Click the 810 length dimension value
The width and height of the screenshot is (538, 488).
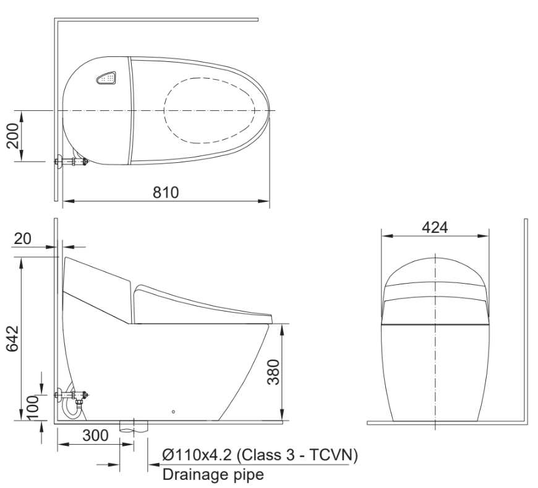click(x=166, y=193)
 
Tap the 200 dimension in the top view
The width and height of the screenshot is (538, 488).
click(x=13, y=136)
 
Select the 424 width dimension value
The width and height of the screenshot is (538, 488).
click(x=435, y=227)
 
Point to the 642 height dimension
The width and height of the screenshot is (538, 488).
click(x=13, y=339)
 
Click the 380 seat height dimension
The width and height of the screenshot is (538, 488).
click(x=273, y=372)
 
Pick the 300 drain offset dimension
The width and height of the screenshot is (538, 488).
click(x=95, y=435)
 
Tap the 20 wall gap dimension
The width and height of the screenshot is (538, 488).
click(x=23, y=238)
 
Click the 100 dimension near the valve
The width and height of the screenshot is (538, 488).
click(x=33, y=407)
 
